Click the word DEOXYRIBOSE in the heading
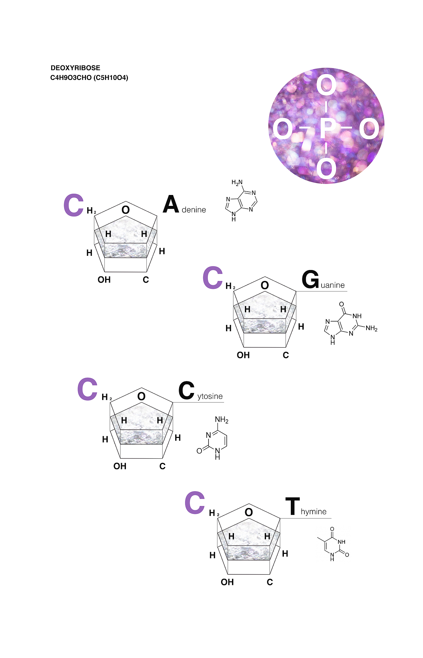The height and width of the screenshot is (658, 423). click(x=75, y=68)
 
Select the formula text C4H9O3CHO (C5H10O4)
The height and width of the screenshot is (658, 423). click(x=89, y=78)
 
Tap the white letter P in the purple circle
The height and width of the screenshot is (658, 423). click(x=327, y=129)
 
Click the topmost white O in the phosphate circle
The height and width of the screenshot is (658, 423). click(x=327, y=85)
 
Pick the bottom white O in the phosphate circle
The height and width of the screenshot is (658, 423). click(x=327, y=169)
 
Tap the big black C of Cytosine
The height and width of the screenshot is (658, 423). click(x=186, y=390)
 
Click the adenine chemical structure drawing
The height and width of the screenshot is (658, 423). click(x=241, y=201)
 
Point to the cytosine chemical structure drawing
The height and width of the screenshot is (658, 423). click(x=213, y=438)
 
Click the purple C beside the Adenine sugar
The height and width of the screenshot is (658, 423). click(x=73, y=205)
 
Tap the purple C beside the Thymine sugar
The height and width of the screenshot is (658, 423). click(x=195, y=503)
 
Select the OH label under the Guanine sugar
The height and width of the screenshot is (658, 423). click(x=243, y=355)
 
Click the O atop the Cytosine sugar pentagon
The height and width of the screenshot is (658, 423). click(x=141, y=396)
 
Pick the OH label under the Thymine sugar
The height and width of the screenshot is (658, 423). click(x=227, y=582)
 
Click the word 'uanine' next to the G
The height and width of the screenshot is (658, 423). click(x=333, y=285)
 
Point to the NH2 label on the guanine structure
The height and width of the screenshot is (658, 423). click(x=371, y=329)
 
